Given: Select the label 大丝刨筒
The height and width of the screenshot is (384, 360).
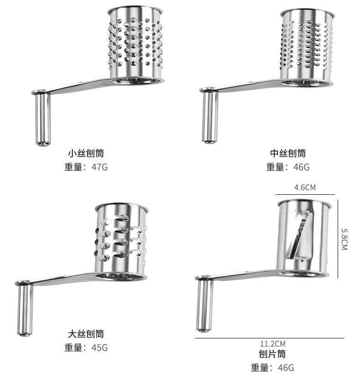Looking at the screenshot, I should click(86, 334).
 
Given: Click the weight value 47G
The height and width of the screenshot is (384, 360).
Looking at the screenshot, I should click(99, 167).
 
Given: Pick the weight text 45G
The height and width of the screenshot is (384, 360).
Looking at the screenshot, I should click(99, 348).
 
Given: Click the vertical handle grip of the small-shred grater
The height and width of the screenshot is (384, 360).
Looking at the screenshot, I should click(43, 119).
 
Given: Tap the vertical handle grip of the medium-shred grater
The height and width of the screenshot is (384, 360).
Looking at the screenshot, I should click(210, 117).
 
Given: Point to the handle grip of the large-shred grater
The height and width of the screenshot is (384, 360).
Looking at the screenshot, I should click(25, 310).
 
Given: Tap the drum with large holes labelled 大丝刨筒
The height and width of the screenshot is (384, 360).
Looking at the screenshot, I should click(121, 239).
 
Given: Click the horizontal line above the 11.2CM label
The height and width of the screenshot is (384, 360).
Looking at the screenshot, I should click(269, 338).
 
